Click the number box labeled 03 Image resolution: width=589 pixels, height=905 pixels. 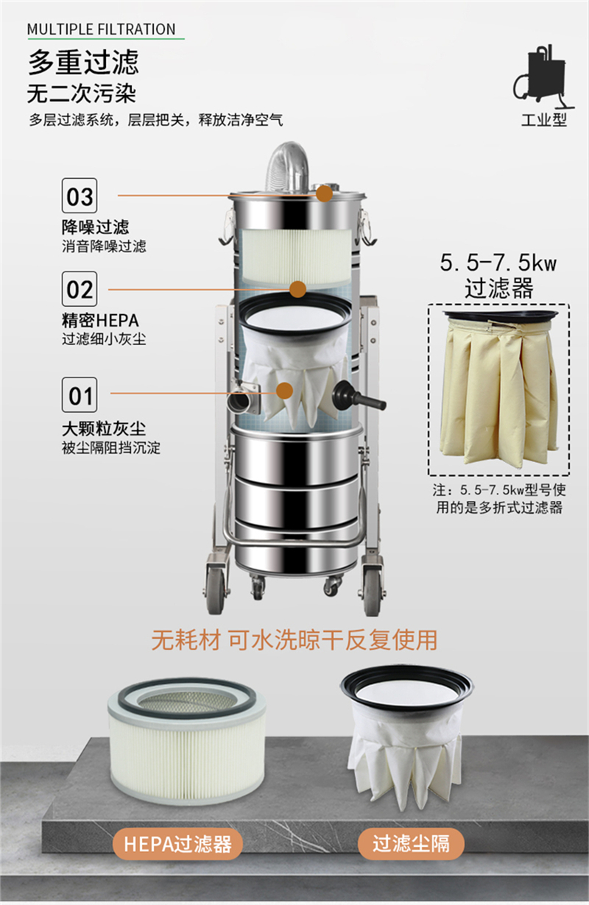pyautogui.click(x=80, y=196)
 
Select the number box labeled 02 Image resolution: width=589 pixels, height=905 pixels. pyautogui.click(x=80, y=288)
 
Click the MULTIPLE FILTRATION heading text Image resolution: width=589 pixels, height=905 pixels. pyautogui.click(x=102, y=29)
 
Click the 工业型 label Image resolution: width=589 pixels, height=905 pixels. pyautogui.click(x=544, y=120)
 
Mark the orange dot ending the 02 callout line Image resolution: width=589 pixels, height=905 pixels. pyautogui.click(x=297, y=288)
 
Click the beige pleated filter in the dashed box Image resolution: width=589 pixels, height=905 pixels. pyautogui.click(x=498, y=388)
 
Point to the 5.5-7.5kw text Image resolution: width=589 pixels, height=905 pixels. pyautogui.click(x=498, y=263)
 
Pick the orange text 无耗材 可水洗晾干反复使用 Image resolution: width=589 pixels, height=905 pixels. pyautogui.click(x=294, y=639)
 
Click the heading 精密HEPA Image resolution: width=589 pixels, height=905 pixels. pyautogui.click(x=100, y=322)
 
